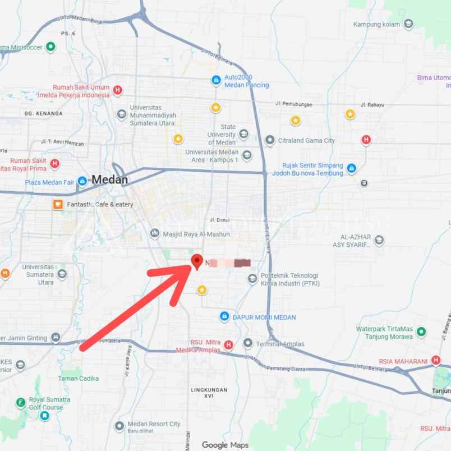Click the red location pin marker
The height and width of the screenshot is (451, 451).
click(197, 261)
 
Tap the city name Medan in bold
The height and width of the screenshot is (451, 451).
click(110, 180)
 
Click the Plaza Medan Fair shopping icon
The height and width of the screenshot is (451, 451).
click(82, 181)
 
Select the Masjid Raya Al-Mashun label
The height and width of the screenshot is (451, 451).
click(196, 234)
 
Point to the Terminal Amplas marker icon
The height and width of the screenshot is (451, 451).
click(248, 343)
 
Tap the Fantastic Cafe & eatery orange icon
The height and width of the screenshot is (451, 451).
click(58, 204)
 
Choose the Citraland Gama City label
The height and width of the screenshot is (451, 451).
click(306, 141)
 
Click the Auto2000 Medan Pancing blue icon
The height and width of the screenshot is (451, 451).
click(215, 81)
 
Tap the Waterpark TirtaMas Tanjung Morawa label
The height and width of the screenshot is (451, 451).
click(384, 333)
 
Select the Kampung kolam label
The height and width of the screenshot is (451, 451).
click(376, 24)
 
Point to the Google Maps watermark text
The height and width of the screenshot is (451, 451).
click(225, 445)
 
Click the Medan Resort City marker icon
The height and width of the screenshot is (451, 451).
click(119, 426)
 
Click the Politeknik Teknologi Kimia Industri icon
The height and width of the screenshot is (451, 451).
click(253, 279)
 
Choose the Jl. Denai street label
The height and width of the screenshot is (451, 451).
click(220, 220)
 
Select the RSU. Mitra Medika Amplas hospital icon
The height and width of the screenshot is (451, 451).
click(228, 344)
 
